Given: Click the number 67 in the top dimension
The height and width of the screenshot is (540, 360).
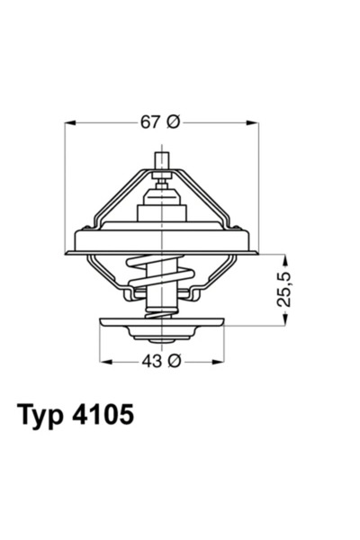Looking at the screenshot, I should pos(150,123).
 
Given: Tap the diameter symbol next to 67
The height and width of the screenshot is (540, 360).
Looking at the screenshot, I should pos(174,123).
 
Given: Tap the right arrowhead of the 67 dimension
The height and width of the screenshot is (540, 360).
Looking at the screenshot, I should pos(255,123).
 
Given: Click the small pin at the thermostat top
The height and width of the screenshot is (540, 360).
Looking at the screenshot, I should pos(163,163).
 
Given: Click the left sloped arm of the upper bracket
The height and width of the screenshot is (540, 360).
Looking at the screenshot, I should pos(117,193).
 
